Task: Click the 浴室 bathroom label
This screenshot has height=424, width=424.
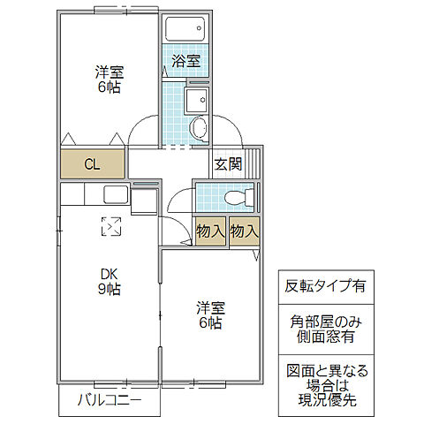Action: tap(185, 61)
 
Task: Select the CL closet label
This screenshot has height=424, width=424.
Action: tap(93, 164)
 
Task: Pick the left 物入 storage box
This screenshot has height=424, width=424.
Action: tap(210, 231)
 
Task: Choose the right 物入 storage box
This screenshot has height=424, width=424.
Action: tap(245, 231)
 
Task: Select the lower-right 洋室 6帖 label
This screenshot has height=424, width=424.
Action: tap(210, 315)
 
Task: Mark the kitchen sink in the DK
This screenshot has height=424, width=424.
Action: tap(116, 195)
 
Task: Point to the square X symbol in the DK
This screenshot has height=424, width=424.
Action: tap(111, 227)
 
